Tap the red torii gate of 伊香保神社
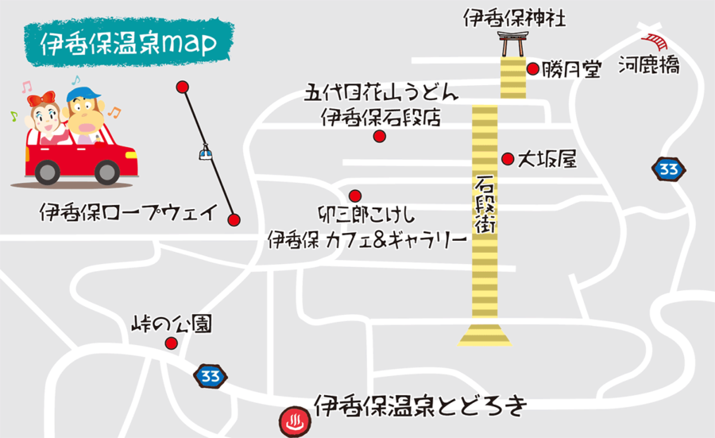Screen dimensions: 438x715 (512, 44)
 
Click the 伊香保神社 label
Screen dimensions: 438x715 (515, 17)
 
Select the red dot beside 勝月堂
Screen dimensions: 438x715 (533, 69)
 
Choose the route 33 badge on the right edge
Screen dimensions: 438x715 (669, 169)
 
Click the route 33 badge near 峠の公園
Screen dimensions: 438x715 (208, 375)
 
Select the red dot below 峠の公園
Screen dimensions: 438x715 (171, 343)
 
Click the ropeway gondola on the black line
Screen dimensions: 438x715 (207, 151)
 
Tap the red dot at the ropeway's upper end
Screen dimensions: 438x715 (183, 87)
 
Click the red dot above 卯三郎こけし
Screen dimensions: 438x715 (355, 196)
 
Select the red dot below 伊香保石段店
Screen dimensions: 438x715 (379, 137)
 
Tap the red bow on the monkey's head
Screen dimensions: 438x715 (39, 99)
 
